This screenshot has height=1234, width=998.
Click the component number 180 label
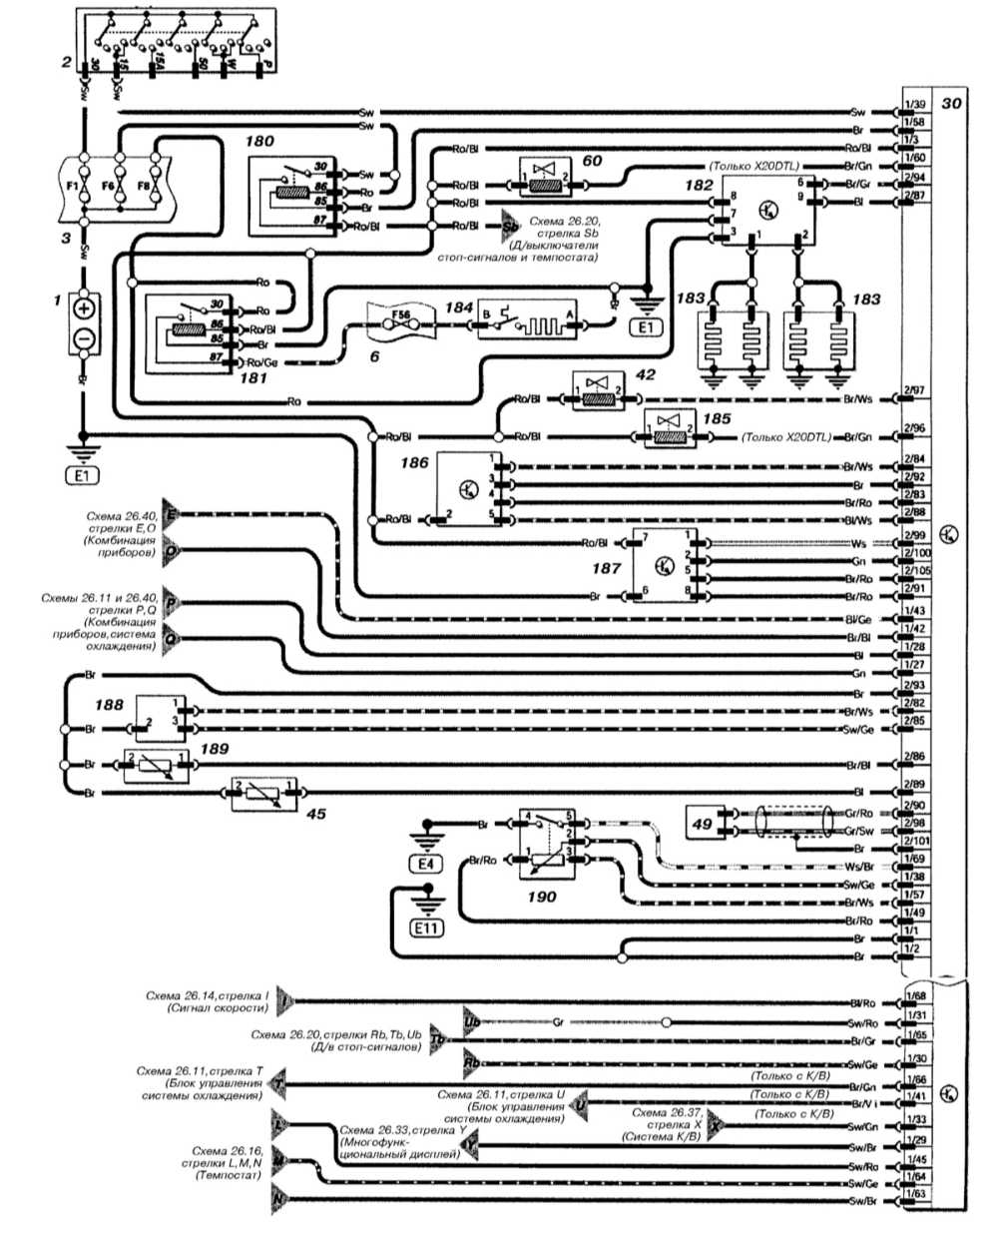pos(259,142)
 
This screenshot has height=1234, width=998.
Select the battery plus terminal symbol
pos(84,308)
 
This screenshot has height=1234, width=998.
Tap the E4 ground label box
pos(426,863)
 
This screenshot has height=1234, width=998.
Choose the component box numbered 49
pos(704,823)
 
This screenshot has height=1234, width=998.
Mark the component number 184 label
pos(458,308)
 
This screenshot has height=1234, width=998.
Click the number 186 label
pos(416,462)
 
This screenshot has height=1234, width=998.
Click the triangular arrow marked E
pos(172,515)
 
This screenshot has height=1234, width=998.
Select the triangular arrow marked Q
pos(172,636)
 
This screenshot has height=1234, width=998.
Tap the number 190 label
pos(541,897)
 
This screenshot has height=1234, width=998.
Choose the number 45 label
pos(315,814)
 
